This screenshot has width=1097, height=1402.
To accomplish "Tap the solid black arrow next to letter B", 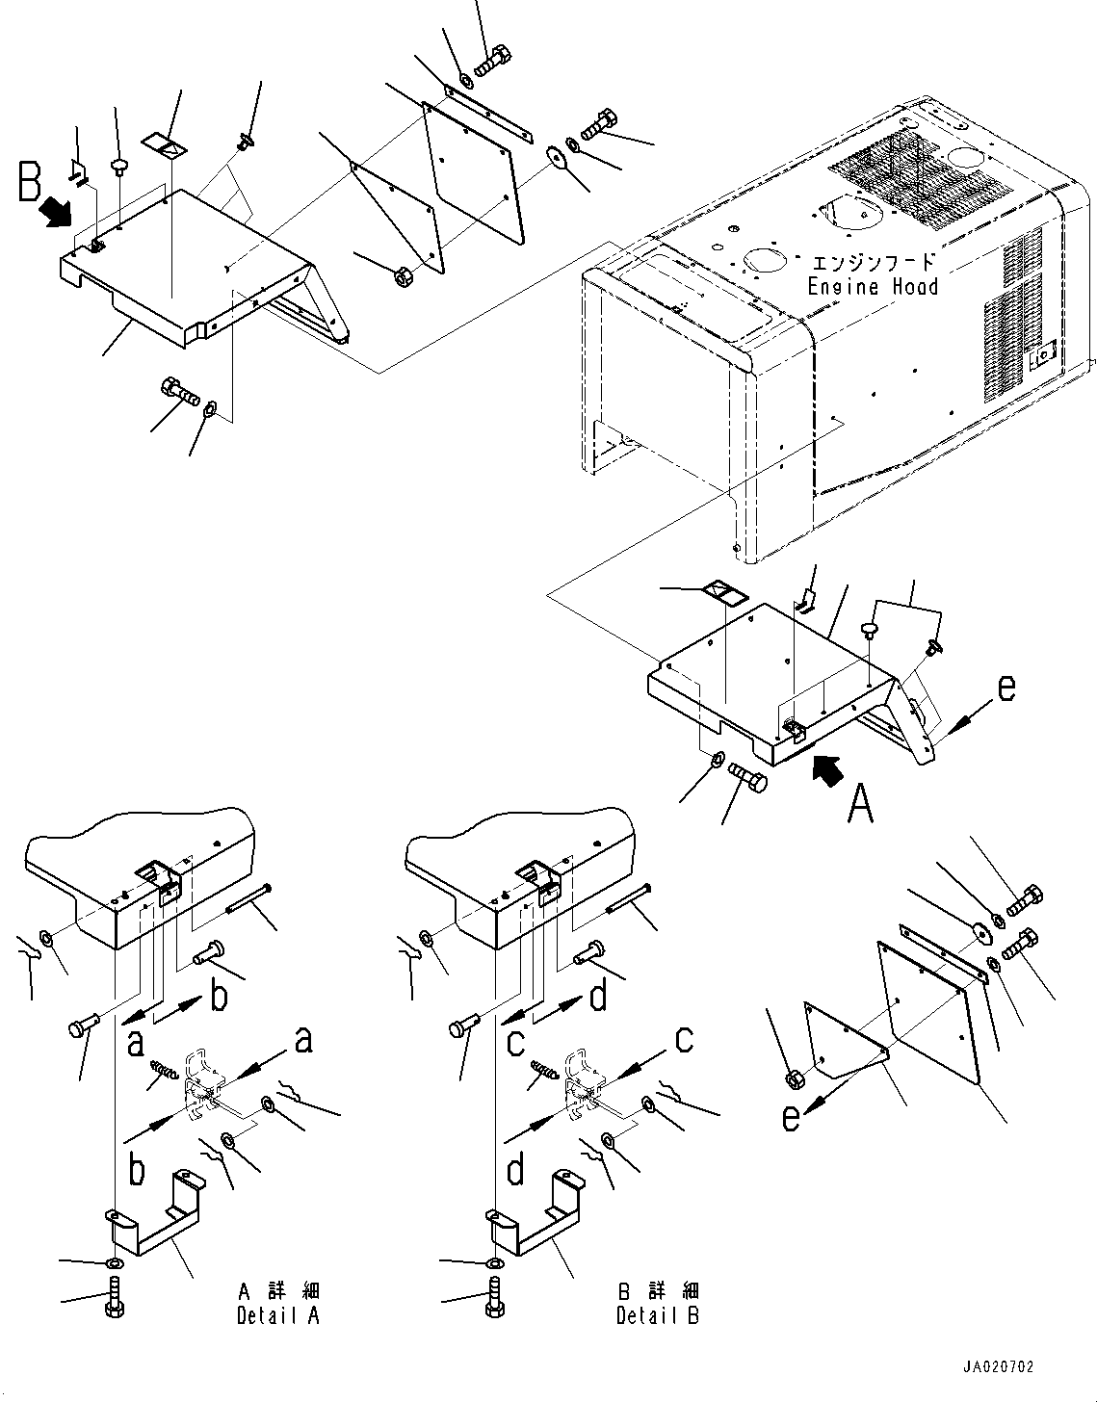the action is click(56, 212).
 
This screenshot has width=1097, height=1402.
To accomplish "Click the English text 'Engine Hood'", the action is click(874, 286).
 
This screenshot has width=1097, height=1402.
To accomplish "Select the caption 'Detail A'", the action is click(278, 1315).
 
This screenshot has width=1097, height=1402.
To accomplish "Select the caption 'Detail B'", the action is click(658, 1315).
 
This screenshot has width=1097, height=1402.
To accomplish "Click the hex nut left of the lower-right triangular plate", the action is click(796, 1077).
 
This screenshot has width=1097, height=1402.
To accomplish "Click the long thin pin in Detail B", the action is click(629, 899).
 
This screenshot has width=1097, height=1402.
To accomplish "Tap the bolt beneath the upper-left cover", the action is click(179, 391).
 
